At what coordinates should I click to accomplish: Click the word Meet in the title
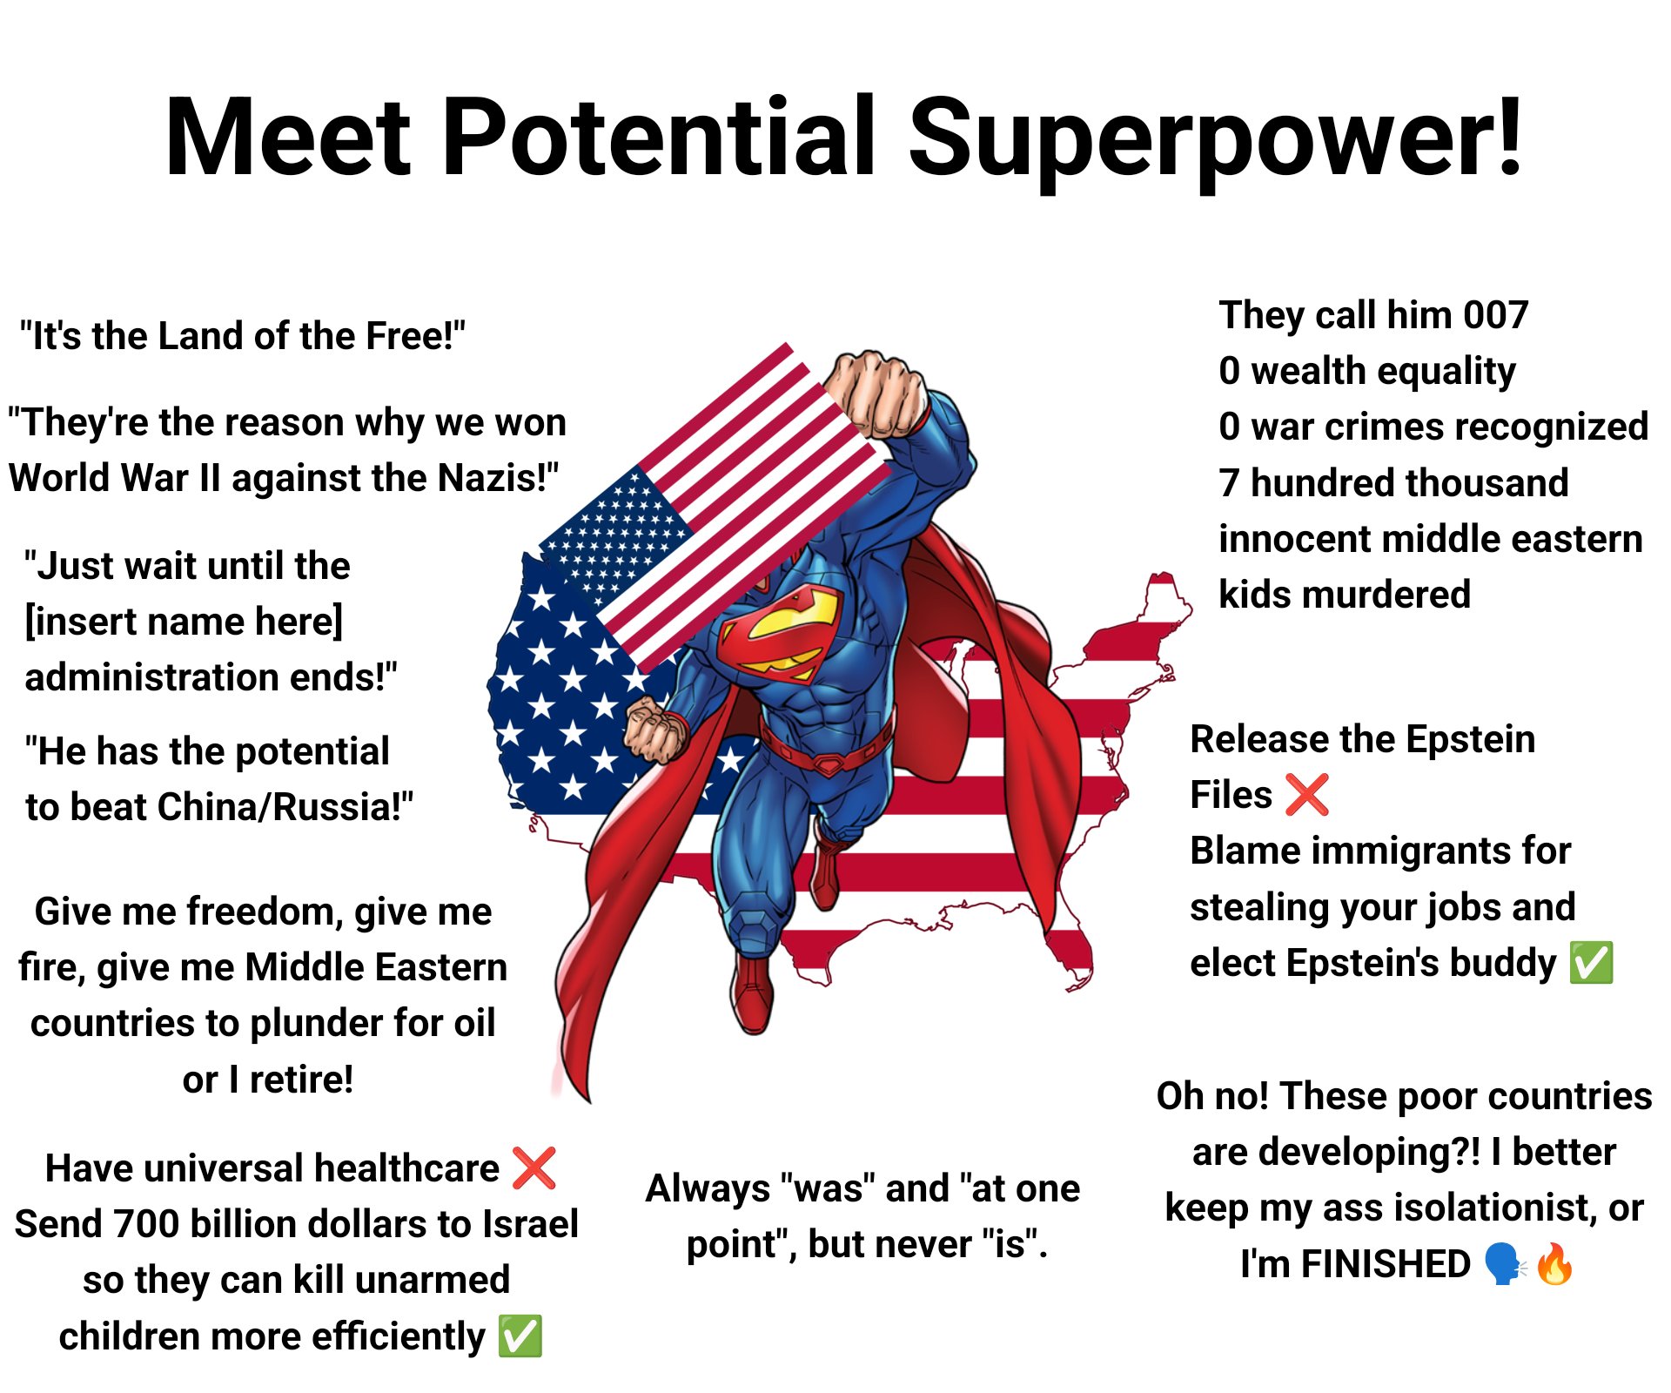[287, 138]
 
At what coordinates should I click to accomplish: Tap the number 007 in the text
[1495, 315]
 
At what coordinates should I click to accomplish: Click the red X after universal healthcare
[534, 1168]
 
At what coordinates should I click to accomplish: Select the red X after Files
[1306, 795]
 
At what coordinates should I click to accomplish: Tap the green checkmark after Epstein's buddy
[1591, 963]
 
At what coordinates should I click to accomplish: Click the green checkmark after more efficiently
[520, 1336]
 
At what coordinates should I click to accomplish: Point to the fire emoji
[1555, 1264]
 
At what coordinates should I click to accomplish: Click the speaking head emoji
[1504, 1264]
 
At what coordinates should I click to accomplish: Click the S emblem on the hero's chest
[782, 631]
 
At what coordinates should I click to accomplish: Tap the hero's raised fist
[875, 392]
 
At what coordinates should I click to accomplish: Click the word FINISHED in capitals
[1386, 1264]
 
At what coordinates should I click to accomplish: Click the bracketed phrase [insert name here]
[184, 622]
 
